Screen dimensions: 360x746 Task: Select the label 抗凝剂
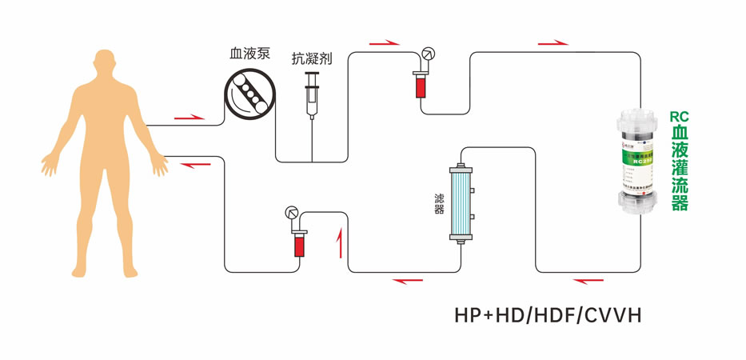click(312, 58)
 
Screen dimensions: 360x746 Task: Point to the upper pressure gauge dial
click(429, 54)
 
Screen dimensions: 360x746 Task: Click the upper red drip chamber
click(419, 84)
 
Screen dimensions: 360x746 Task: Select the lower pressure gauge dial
click(292, 214)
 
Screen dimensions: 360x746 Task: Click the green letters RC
click(679, 117)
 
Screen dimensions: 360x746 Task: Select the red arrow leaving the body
click(189, 118)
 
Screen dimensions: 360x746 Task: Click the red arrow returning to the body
click(196, 164)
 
